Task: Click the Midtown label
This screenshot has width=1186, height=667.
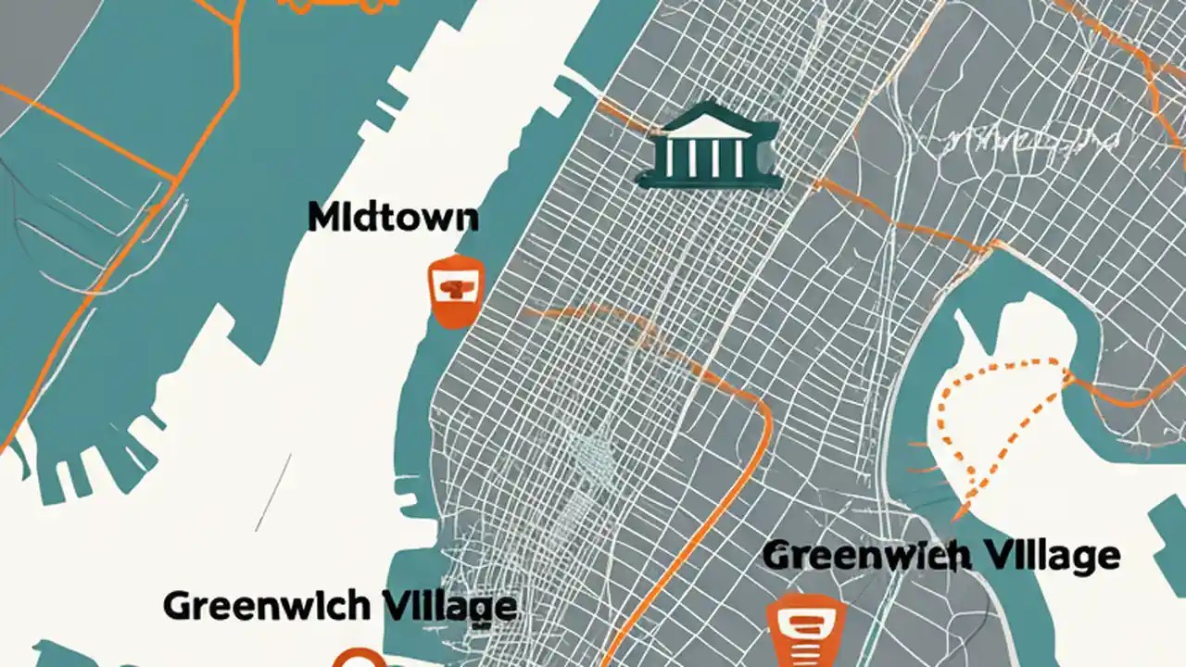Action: [x=393, y=218]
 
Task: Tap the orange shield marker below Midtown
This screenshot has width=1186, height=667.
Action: [x=456, y=290]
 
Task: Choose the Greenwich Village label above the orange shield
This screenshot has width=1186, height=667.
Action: [x=941, y=556]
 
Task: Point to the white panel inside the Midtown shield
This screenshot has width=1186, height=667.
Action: [x=456, y=288]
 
